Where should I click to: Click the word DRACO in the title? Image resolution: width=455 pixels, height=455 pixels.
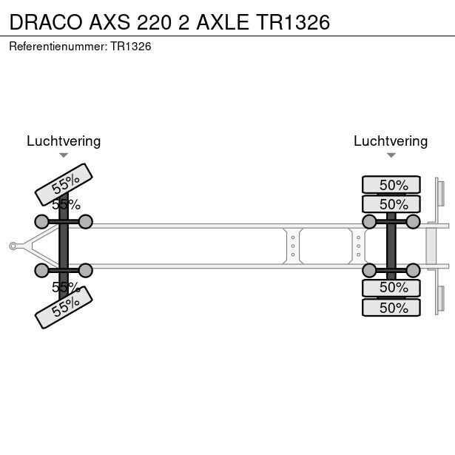click(46, 22)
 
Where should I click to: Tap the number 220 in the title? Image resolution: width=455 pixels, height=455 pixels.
click(154, 22)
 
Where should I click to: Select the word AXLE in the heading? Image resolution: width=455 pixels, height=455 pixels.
click(223, 22)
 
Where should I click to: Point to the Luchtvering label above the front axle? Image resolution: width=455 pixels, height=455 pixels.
click(64, 141)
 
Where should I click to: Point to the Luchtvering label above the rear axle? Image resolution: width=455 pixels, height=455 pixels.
click(391, 141)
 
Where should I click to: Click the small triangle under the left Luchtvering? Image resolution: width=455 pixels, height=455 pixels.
click(64, 155)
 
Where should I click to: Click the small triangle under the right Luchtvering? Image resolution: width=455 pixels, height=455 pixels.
click(391, 155)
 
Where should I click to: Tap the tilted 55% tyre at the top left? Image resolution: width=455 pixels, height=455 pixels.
click(64, 184)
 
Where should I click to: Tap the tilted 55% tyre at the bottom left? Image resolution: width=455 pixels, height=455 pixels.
click(64, 308)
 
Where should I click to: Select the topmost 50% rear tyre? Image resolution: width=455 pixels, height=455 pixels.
click(391, 184)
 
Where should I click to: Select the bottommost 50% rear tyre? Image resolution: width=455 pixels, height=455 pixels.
click(391, 308)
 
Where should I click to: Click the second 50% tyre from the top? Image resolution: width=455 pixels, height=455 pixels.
click(391, 204)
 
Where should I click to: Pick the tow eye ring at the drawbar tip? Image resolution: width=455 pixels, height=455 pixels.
click(13, 246)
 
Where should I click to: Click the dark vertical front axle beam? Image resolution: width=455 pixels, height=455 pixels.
click(64, 246)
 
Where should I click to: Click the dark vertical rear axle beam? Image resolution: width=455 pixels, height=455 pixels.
click(391, 246)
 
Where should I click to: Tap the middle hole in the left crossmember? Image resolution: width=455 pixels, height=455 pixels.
click(293, 246)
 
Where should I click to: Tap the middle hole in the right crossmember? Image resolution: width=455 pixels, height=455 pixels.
click(358, 246)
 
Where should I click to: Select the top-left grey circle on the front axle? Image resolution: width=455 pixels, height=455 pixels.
click(41, 222)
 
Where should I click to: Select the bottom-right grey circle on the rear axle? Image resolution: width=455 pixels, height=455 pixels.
click(413, 271)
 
